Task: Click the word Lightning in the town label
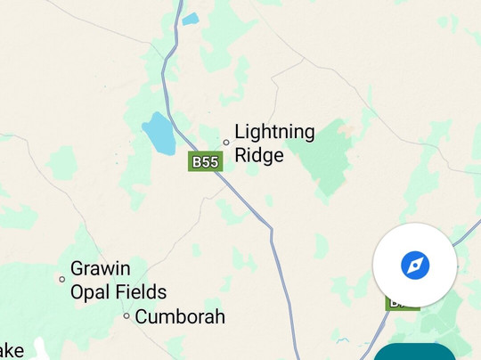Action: [x=274, y=133]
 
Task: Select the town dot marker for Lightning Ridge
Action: [x=226, y=142]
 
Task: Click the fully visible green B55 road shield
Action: [x=205, y=161]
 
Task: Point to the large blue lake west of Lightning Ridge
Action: [x=159, y=133]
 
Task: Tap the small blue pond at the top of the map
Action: [x=190, y=18]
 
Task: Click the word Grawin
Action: [x=100, y=268]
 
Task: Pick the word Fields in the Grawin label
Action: [x=140, y=291]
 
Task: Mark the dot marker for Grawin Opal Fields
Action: [x=61, y=279]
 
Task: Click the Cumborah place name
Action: [x=180, y=316]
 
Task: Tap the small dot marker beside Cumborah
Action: [x=126, y=316]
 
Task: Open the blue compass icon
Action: [x=415, y=265]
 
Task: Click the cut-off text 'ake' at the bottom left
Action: [x=12, y=350]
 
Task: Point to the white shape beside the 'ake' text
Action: [x=39, y=348]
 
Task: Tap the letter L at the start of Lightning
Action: [x=240, y=133]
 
